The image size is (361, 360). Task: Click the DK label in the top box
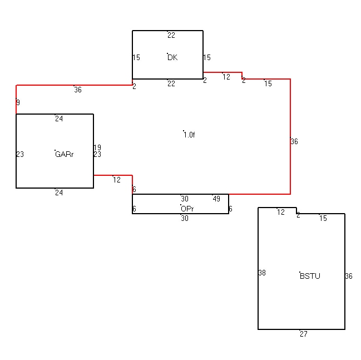[172, 57]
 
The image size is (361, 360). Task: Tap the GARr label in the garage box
[64, 154]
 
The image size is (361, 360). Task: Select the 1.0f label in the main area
[189, 135]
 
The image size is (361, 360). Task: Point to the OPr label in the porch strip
[187, 209]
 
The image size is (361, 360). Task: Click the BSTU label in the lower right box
[310, 276]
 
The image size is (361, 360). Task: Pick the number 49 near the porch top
[216, 199]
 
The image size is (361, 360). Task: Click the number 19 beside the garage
[97, 147]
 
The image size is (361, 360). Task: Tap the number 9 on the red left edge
[18, 102]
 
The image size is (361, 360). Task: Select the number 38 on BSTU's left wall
[262, 273]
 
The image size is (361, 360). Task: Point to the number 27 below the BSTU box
[304, 334]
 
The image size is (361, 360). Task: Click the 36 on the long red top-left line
[78, 90]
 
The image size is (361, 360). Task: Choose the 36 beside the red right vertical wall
[294, 141]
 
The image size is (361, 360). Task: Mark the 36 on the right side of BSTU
[349, 276]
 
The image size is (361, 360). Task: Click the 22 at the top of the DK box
[171, 35]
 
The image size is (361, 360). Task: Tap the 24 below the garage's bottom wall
[59, 193]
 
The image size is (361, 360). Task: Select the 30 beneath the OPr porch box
[185, 218]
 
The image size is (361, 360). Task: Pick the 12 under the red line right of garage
[117, 180]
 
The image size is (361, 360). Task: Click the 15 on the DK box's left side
[136, 57]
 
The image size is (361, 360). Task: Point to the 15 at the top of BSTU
[323, 218]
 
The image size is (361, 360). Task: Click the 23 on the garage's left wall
[20, 154]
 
